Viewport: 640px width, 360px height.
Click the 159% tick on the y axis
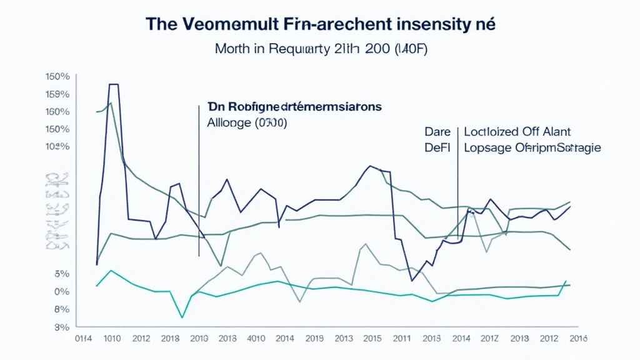click(57, 94)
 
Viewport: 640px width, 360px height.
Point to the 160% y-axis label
click(57, 112)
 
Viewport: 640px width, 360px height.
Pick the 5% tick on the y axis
click(61, 274)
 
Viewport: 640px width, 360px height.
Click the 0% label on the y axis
click(61, 291)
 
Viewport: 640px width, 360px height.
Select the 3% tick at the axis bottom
click(61, 327)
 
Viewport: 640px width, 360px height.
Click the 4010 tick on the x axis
click(257, 339)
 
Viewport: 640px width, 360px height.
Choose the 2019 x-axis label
click(314, 339)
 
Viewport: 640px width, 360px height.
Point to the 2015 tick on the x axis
click(371, 339)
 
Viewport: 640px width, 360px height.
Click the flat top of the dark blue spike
click(114, 84)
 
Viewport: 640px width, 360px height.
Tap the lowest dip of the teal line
click(182, 317)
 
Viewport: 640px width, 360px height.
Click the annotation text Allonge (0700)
click(246, 123)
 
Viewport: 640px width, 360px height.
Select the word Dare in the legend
click(437, 132)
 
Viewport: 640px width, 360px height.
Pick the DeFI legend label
click(437, 147)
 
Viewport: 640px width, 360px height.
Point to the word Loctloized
click(495, 132)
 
